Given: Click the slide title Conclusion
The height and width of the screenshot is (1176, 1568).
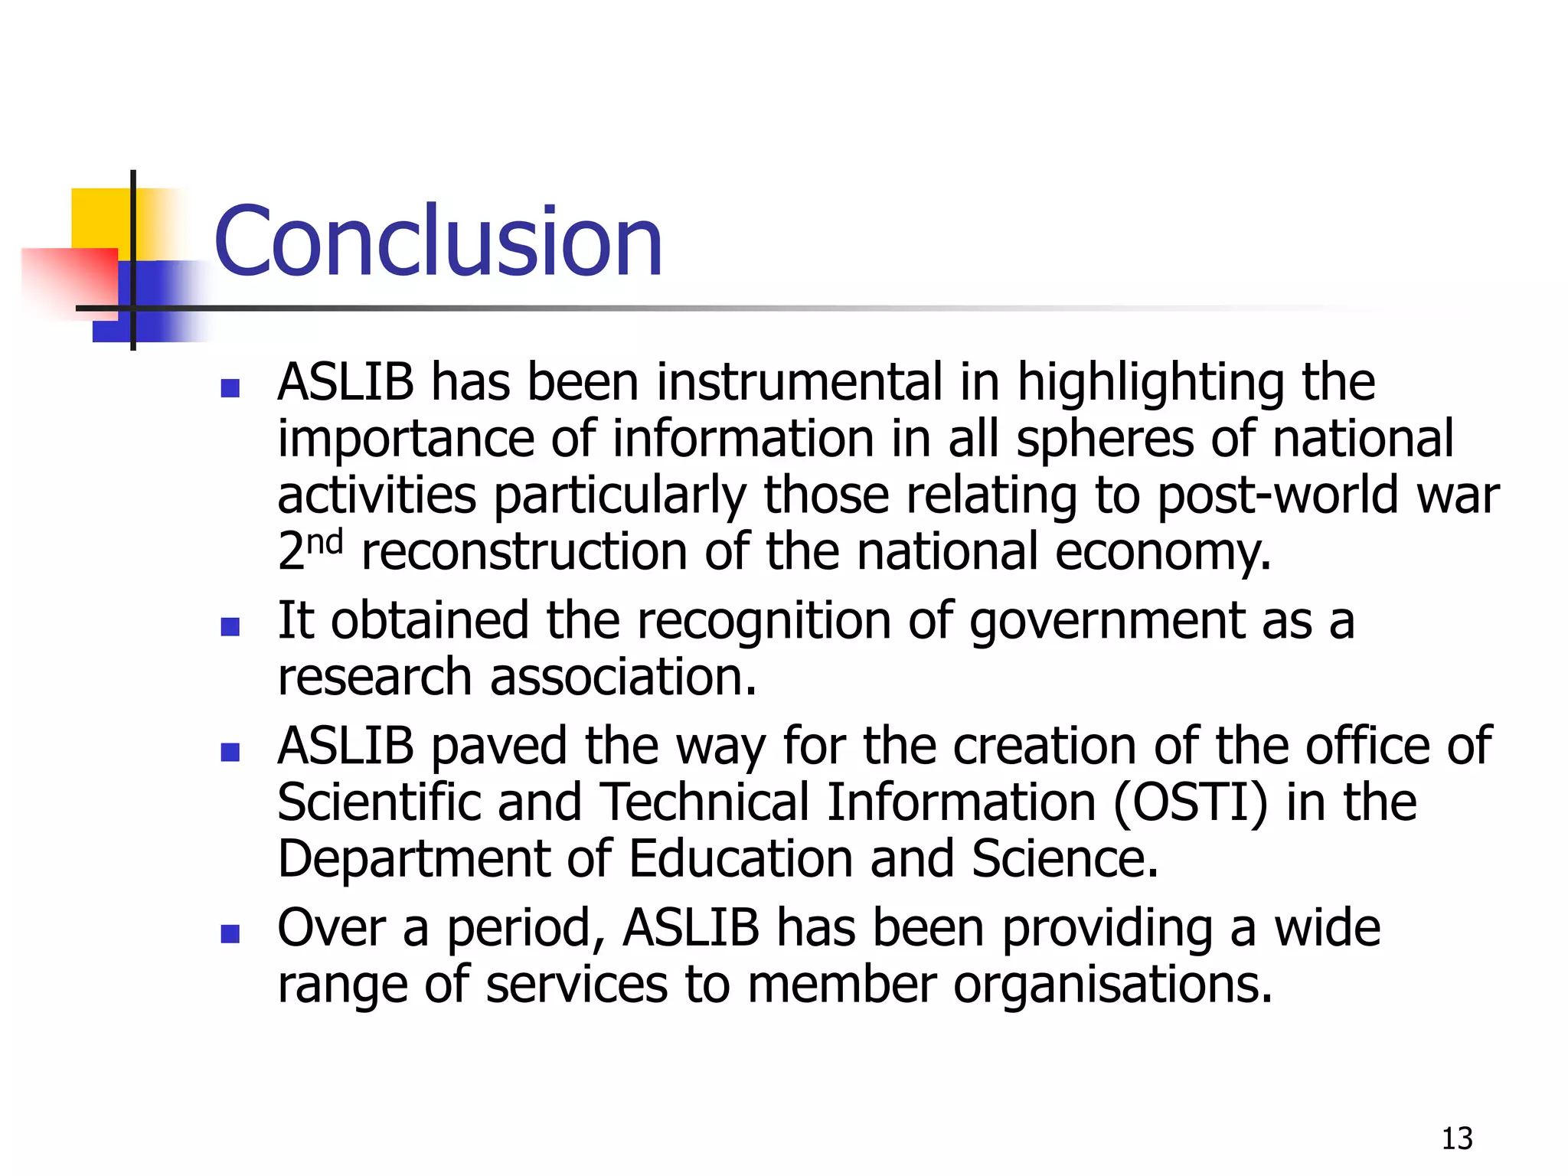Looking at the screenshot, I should click(438, 242).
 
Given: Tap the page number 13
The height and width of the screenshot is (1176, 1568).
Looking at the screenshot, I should click(1456, 1138).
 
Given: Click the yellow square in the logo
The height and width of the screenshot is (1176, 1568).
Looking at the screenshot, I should click(100, 218).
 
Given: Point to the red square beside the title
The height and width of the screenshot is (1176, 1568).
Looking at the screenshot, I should click(73, 279).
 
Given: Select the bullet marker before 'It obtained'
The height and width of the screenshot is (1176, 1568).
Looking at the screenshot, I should click(230, 627).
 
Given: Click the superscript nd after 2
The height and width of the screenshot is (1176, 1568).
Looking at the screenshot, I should click(325, 543).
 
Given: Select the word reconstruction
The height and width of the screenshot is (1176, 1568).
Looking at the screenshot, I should click(524, 551).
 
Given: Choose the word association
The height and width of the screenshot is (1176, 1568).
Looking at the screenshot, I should click(622, 678).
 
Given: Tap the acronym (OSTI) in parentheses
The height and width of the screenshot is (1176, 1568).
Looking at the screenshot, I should click(1190, 803).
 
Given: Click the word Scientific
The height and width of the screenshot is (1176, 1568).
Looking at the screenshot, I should click(378, 802).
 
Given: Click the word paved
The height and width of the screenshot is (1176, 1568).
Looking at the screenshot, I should click(498, 746).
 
